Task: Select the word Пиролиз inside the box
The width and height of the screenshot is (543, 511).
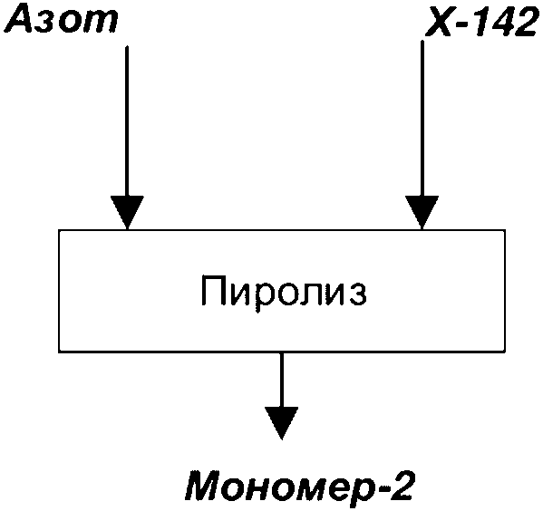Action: pos(284,292)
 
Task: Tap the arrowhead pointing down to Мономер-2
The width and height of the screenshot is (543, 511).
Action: pos(282,423)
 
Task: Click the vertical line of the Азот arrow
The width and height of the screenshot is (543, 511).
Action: pos(127,121)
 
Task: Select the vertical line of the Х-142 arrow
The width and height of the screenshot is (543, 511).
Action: pos(422,119)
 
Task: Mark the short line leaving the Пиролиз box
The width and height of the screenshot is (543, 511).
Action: pos(282,380)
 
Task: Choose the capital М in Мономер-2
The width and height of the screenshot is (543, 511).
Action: pos(206,487)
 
